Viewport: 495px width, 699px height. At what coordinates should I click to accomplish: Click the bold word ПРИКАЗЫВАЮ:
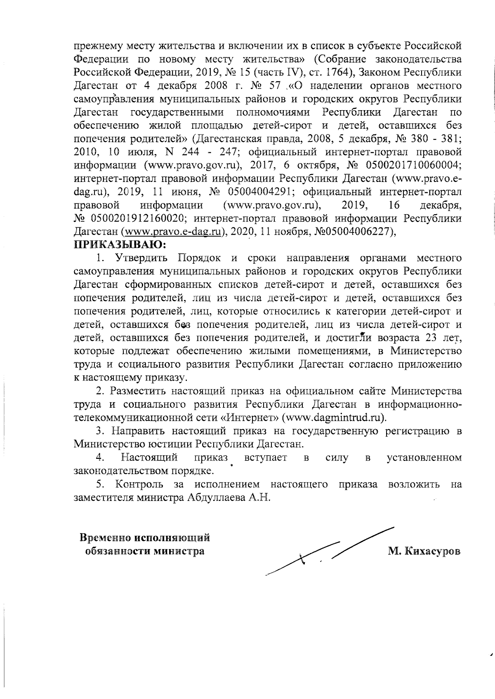[x=120, y=245]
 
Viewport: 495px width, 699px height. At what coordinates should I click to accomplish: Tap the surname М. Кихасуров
[x=424, y=551]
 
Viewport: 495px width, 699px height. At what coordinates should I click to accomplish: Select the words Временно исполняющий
[x=145, y=538]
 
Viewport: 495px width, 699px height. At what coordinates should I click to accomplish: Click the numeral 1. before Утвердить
[x=101, y=258]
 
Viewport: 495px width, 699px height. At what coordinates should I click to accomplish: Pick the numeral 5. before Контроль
[x=101, y=484]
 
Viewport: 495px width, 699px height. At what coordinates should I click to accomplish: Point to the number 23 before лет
[x=429, y=338]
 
